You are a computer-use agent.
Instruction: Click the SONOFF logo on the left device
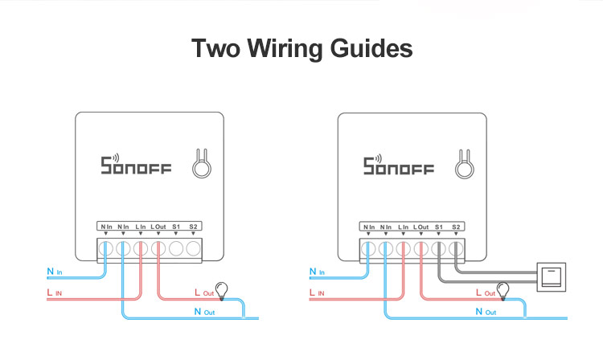(136, 166)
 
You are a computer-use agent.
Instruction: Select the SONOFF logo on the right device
(398, 166)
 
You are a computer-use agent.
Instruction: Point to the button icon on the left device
(201, 165)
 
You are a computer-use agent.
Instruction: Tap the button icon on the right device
(463, 165)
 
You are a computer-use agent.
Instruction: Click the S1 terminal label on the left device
(176, 227)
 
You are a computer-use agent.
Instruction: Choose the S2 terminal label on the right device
(456, 227)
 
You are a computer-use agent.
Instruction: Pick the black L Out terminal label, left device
(158, 227)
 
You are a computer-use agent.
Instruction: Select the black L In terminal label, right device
(403, 227)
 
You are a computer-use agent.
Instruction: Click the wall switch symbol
(552, 276)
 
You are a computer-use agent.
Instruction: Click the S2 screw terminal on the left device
(194, 248)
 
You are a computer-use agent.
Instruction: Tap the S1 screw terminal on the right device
(438, 248)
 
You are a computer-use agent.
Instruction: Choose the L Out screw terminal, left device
(158, 248)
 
